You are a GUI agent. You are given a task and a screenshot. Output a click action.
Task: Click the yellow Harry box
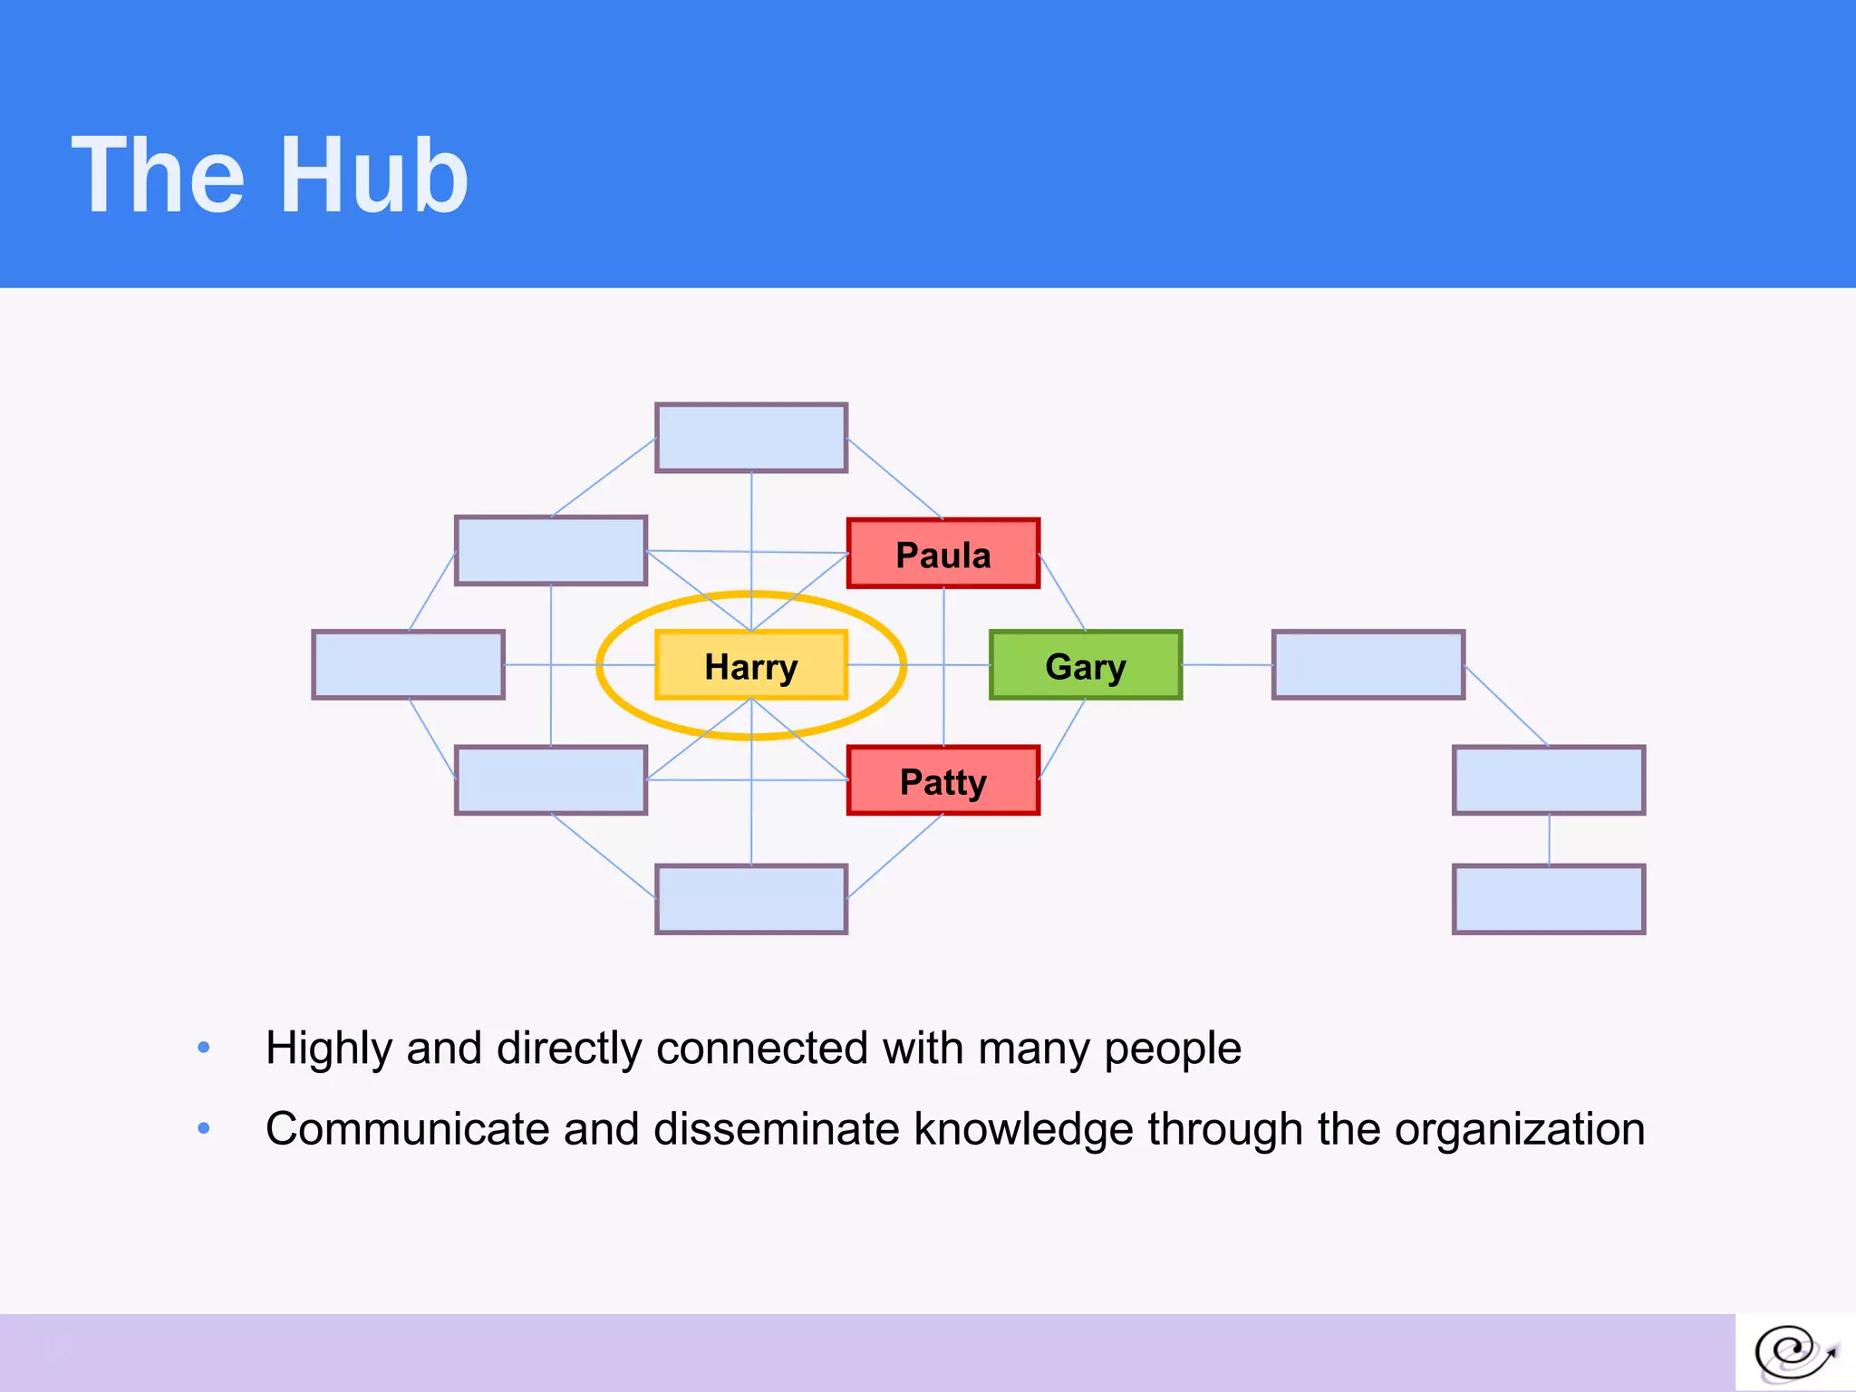(750, 665)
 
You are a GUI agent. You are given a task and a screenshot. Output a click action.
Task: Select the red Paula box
(942, 554)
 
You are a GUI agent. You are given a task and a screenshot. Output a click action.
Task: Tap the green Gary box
(1085, 665)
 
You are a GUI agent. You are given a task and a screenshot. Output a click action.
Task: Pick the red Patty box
(942, 780)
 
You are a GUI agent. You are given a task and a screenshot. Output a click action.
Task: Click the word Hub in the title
(374, 176)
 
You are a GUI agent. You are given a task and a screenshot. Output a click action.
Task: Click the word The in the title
(158, 176)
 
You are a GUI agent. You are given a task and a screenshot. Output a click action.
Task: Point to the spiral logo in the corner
(1793, 1353)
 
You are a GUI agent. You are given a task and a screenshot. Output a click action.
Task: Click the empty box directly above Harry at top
(750, 438)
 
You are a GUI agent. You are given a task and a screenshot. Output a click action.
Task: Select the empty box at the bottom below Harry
(750, 899)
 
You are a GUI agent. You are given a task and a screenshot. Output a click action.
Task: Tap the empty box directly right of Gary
(1368, 665)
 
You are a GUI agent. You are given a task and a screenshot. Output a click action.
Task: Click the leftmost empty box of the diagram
(408, 665)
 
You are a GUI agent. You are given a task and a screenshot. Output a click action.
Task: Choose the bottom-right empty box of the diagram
(1548, 899)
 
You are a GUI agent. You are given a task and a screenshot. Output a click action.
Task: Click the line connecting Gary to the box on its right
(1227, 665)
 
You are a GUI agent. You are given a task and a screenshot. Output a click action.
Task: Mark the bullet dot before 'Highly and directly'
(204, 1048)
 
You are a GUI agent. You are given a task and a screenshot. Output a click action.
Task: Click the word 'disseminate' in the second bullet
(777, 1129)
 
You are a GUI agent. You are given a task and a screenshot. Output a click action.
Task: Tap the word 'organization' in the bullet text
(1519, 1129)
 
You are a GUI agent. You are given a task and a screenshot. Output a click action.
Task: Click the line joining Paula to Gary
(1062, 593)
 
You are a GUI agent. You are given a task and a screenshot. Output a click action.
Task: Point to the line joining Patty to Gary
(1062, 739)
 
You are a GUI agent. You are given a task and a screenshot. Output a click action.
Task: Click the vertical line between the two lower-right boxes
(1549, 839)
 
